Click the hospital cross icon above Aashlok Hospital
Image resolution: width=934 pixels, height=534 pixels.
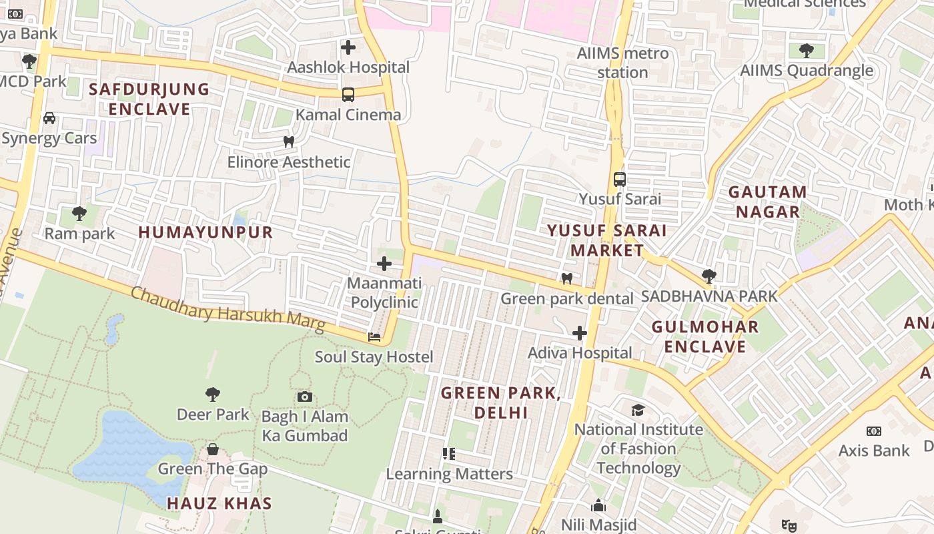click(348, 47)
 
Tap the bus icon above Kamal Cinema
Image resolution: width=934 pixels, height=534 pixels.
click(348, 95)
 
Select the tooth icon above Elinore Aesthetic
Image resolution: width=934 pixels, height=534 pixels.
click(289, 142)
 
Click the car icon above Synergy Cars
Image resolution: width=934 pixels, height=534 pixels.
click(49, 118)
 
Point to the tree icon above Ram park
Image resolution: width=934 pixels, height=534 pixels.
click(79, 214)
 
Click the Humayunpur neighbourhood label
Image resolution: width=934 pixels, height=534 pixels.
click(205, 232)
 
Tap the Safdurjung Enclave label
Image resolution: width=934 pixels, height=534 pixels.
click(149, 99)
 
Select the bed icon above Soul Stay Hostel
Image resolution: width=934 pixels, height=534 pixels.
click(374, 337)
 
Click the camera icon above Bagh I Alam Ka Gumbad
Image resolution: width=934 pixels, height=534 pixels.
click(305, 397)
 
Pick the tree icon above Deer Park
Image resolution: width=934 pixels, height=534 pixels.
click(213, 394)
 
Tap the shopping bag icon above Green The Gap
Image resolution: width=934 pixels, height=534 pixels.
click(213, 449)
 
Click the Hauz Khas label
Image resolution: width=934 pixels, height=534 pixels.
click(219, 503)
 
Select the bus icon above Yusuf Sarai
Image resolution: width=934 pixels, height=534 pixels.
click(620, 179)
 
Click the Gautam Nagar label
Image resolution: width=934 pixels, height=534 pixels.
click(767, 202)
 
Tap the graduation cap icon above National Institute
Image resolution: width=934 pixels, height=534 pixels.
click(638, 410)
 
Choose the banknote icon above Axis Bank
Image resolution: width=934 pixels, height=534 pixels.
click(873, 431)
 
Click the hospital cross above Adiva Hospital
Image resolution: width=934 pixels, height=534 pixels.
click(580, 333)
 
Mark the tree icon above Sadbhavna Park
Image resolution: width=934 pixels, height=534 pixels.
click(709, 276)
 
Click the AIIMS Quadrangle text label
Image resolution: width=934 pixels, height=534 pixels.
click(807, 70)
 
